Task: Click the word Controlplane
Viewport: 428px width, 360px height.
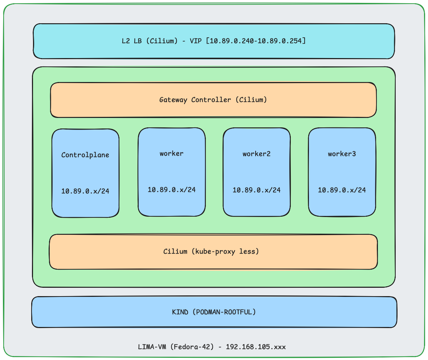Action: coord(85,155)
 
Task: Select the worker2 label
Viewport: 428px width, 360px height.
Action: coord(257,154)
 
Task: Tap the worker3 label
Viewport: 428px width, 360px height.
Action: coord(342,154)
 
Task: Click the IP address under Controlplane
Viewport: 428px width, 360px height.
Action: coord(85,191)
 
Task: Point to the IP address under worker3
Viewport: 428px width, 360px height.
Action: coord(342,190)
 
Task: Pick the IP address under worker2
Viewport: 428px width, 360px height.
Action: coord(257,190)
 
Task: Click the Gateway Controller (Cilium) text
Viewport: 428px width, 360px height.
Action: coord(213,100)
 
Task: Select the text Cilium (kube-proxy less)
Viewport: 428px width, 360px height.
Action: coord(211,251)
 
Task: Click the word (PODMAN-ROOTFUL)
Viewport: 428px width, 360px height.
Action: coord(224,312)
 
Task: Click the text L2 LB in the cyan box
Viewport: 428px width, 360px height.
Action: coord(132,41)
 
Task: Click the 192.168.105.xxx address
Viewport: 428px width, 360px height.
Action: coord(256,347)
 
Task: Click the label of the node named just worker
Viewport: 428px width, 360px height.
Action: coord(172,154)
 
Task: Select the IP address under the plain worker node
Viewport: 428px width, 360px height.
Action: coord(172,190)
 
